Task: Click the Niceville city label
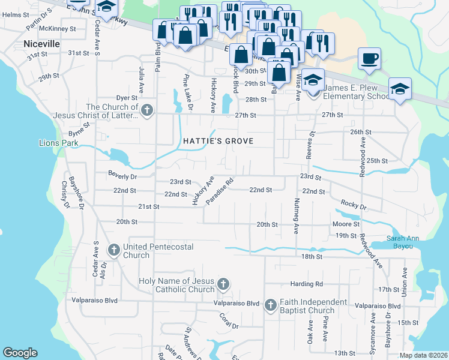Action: click(x=42, y=44)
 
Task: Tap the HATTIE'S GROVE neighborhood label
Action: click(x=218, y=141)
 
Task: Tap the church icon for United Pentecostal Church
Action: click(x=113, y=248)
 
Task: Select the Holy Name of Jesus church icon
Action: click(x=223, y=283)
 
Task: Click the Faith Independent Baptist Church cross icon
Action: click(x=270, y=305)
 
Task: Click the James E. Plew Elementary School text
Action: click(x=357, y=92)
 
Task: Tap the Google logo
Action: click(x=20, y=353)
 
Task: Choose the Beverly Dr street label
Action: click(x=122, y=177)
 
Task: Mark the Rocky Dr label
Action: click(x=353, y=205)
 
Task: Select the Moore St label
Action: click(x=345, y=224)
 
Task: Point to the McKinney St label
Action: click(x=57, y=28)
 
